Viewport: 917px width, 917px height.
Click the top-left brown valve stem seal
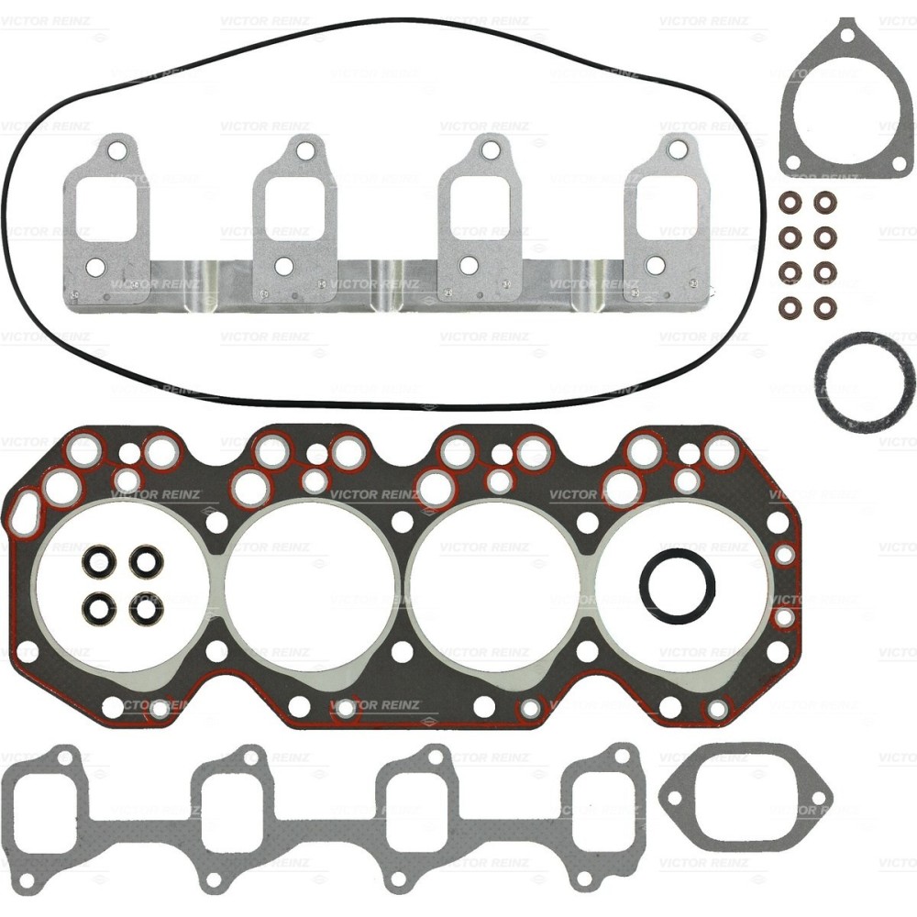pyautogui.click(x=788, y=200)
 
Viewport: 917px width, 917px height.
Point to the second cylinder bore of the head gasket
pyautogui.click(x=310, y=587)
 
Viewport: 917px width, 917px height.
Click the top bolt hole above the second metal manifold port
pyautogui.click(x=304, y=149)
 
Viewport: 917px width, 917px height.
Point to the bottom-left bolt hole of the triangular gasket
pyautogui.click(x=793, y=166)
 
